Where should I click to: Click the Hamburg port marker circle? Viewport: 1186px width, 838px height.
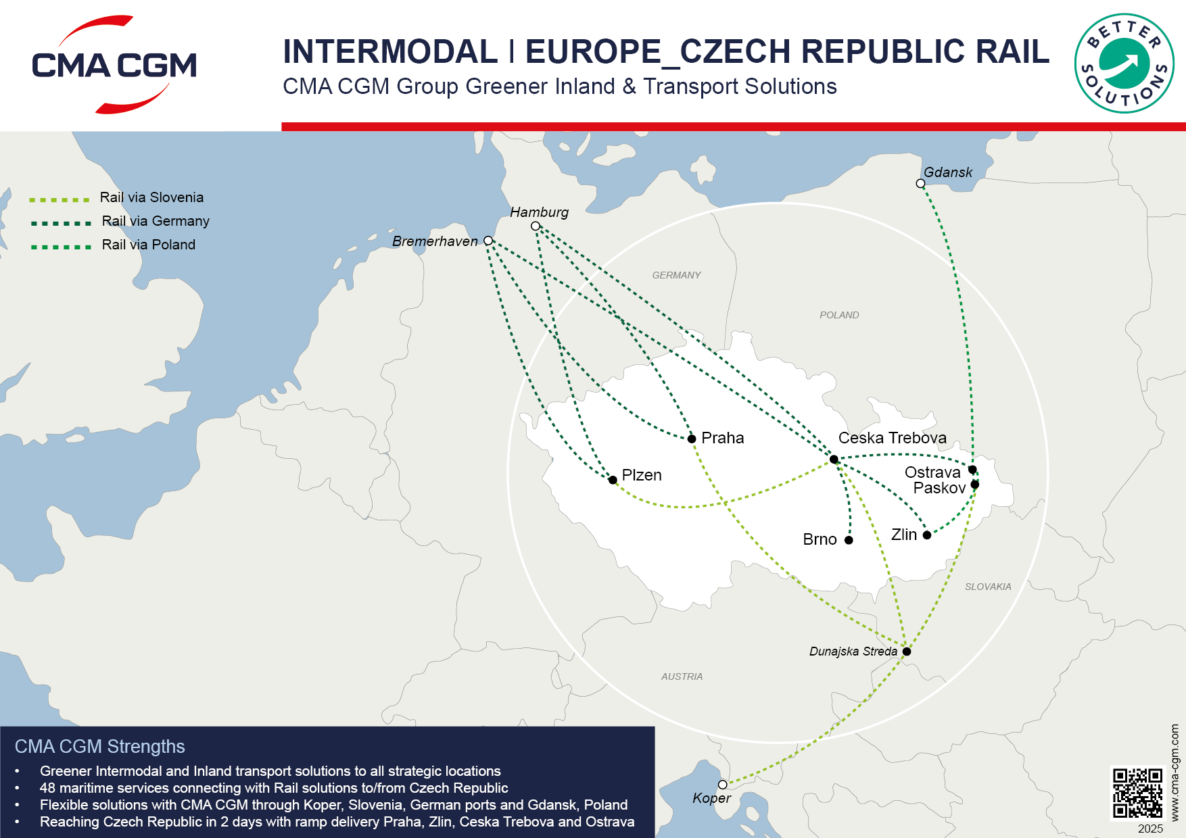pyautogui.click(x=536, y=226)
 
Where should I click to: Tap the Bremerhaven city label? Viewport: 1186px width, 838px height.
pyautogui.click(x=435, y=241)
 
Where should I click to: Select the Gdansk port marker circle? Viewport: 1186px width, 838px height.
pyautogui.click(x=920, y=184)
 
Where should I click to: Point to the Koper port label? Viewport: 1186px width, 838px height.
pyautogui.click(x=711, y=798)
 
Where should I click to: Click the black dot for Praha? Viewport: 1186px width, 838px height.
pyautogui.click(x=692, y=439)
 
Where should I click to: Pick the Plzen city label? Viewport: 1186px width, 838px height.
pyautogui.click(x=641, y=475)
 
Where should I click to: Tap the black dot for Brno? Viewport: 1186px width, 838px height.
pyautogui.click(x=849, y=540)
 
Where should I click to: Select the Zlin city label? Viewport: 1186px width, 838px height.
pyautogui.click(x=904, y=535)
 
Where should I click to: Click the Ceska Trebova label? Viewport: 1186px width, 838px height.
pyautogui.click(x=892, y=438)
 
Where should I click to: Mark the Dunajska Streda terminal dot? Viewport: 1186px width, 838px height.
pyautogui.click(x=907, y=651)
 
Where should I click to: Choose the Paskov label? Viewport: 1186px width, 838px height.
pyautogui.click(x=939, y=488)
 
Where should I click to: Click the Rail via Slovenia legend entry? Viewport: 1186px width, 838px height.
pyautogui.click(x=151, y=197)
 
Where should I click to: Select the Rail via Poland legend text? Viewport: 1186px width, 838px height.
pyautogui.click(x=149, y=245)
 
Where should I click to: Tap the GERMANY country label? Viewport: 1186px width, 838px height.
pyautogui.click(x=676, y=275)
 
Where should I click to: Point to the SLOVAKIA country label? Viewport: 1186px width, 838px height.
pyautogui.click(x=988, y=587)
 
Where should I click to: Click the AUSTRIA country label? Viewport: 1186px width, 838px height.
pyautogui.click(x=682, y=676)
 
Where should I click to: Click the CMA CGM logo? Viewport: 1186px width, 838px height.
pyautogui.click(x=114, y=65)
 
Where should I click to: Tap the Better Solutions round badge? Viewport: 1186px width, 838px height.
pyautogui.click(x=1124, y=64)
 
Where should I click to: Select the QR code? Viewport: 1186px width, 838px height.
pyautogui.click(x=1138, y=793)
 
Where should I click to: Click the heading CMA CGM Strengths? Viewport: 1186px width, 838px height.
pyautogui.click(x=100, y=747)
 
